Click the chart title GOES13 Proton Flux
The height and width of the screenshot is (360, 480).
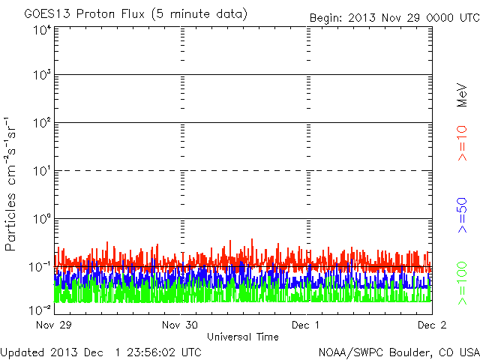[135, 14]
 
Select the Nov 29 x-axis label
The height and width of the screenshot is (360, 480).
[52, 325]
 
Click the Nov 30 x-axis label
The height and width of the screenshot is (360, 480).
[180, 325]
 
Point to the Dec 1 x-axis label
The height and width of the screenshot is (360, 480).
[306, 325]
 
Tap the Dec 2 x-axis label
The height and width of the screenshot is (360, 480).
[431, 325]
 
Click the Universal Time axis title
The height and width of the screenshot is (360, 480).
[243, 337]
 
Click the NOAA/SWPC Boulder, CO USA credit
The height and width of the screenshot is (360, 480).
[398, 352]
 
